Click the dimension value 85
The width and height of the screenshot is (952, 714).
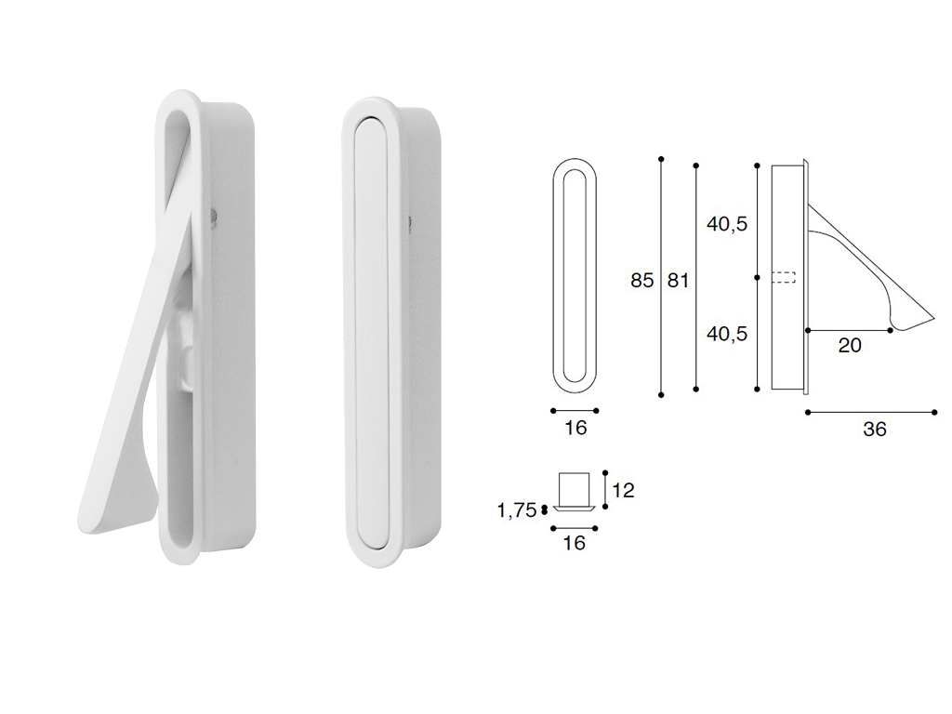pos(641,281)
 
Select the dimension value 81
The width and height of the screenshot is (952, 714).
pos(678,281)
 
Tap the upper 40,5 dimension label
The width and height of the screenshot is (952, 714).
pos(727,224)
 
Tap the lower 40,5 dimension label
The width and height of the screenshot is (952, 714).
pos(727,334)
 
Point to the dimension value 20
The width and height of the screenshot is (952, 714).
pos(850,345)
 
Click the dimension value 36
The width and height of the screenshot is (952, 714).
pos(874,430)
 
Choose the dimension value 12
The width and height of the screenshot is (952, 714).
pos(623,489)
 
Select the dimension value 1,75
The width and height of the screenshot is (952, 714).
pos(517,510)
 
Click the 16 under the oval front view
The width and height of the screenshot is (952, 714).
pos(575,428)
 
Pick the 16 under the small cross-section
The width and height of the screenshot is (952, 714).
pos(574,542)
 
